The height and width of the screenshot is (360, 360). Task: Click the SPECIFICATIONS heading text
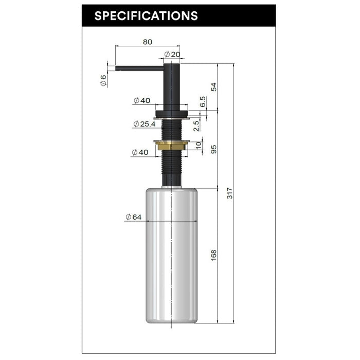pyautogui.click(x=146, y=16)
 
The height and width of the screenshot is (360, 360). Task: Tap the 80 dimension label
pyautogui.click(x=148, y=42)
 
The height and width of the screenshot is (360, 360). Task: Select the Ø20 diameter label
pyautogui.click(x=172, y=55)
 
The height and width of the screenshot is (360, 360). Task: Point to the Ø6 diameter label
pyautogui.click(x=103, y=80)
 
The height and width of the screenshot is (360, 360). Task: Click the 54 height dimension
pyautogui.click(x=213, y=87)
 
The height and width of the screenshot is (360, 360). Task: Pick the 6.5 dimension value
pyautogui.click(x=203, y=102)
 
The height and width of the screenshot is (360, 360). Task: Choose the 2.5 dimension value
pyautogui.click(x=196, y=126)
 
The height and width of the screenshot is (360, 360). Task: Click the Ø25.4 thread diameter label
pyautogui.click(x=145, y=124)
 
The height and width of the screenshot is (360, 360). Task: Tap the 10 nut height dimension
pyautogui.click(x=199, y=145)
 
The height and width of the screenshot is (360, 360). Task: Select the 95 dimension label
pyautogui.click(x=213, y=149)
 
